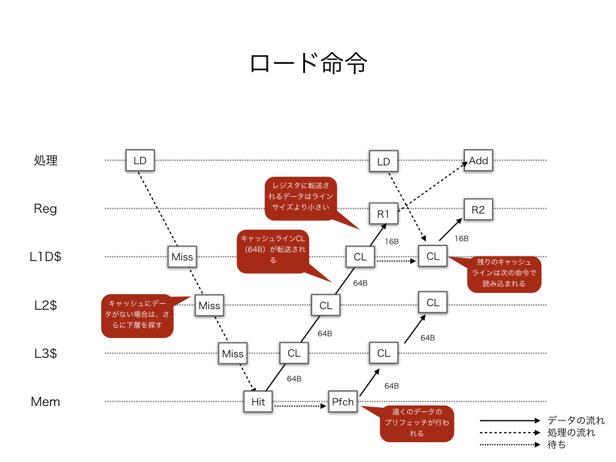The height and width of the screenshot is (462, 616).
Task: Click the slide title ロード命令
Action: click(x=308, y=63)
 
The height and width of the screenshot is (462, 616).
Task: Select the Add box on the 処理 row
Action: click(x=478, y=161)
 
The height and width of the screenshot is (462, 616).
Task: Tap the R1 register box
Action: click(x=383, y=213)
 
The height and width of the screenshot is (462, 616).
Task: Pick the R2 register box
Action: click(x=478, y=209)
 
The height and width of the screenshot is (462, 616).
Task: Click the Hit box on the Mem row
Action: click(x=258, y=402)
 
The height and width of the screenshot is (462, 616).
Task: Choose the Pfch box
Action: click(x=343, y=402)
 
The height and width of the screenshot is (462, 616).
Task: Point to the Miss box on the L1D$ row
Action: click(x=182, y=257)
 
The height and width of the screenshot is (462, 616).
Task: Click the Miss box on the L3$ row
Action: click(x=232, y=353)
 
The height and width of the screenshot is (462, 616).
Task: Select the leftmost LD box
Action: click(x=140, y=161)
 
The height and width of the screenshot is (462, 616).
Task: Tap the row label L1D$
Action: click(x=46, y=257)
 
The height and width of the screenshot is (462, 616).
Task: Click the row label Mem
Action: click(x=46, y=402)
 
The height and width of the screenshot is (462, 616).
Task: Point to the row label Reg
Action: click(x=46, y=209)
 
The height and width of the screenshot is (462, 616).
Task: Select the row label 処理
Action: click(x=46, y=161)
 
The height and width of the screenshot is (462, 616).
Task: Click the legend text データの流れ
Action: click(x=576, y=420)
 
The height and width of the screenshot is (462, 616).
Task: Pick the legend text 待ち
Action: click(x=557, y=445)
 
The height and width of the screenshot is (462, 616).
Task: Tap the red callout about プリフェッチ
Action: click(x=417, y=422)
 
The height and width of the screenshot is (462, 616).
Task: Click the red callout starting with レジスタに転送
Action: click(x=301, y=197)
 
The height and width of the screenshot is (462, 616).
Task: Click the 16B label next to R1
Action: click(x=392, y=241)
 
